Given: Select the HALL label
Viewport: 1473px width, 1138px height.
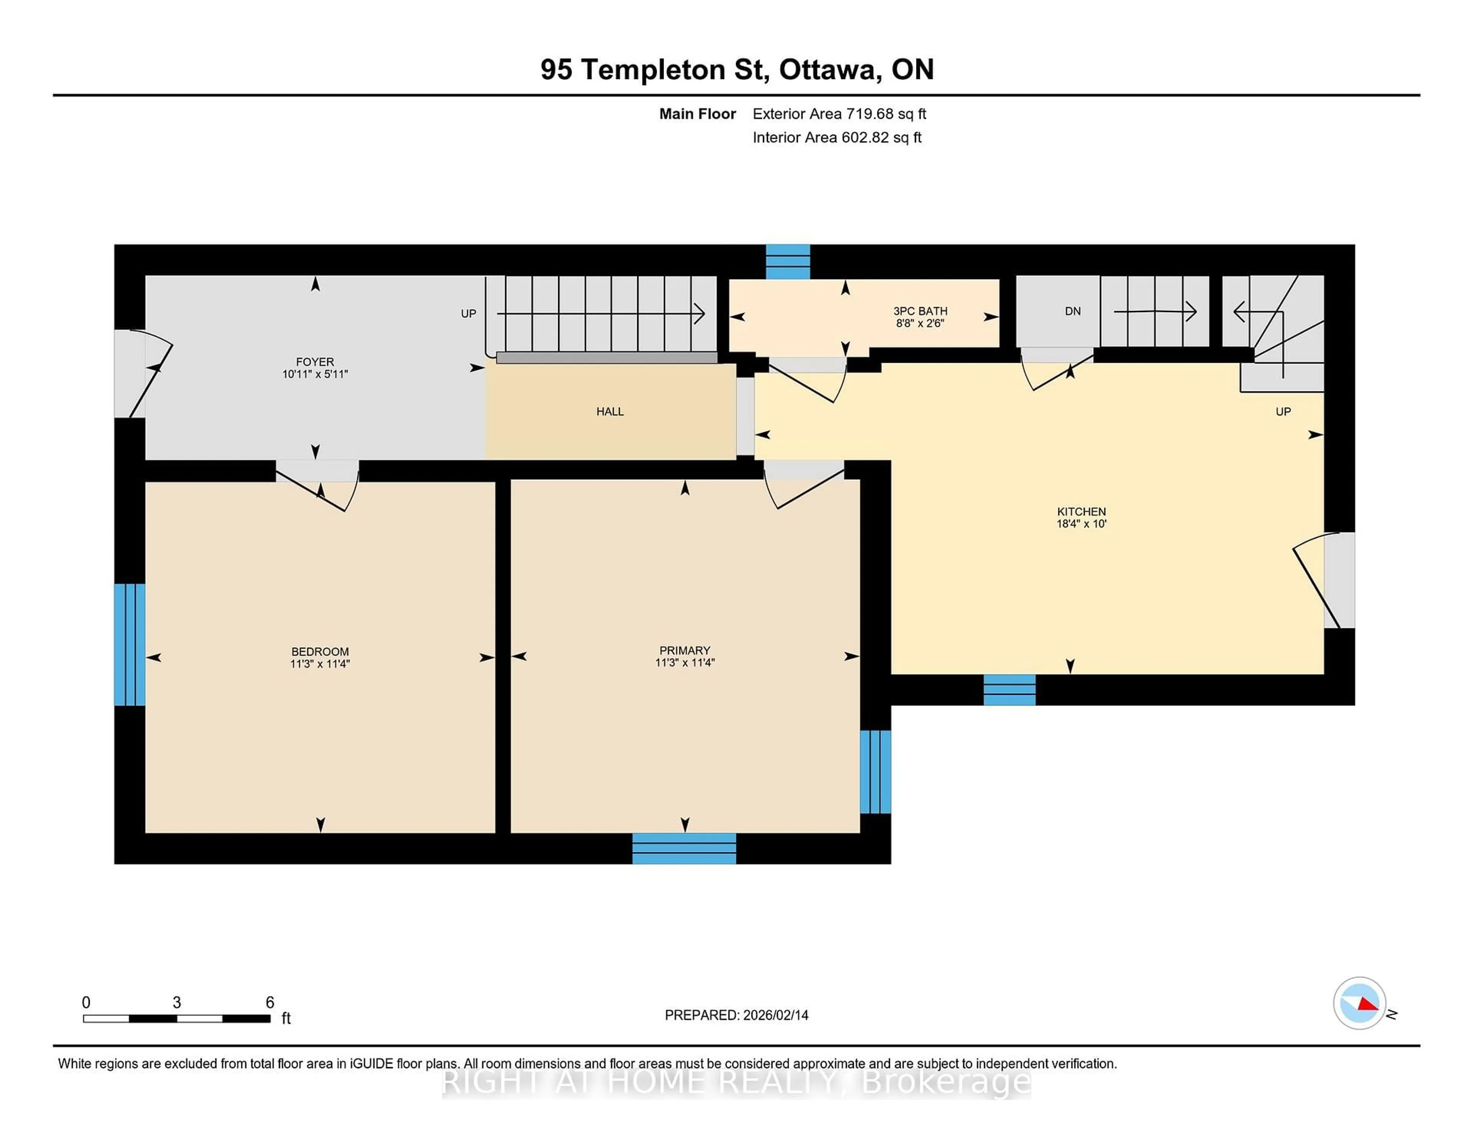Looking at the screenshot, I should click(609, 411).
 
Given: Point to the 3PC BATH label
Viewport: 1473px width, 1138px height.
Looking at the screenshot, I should click(920, 311).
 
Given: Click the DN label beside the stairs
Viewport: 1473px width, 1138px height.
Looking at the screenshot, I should click(1073, 311).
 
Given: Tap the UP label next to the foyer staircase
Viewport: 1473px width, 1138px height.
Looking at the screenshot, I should click(468, 314).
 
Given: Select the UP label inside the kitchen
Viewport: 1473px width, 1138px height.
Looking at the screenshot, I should click(1283, 411).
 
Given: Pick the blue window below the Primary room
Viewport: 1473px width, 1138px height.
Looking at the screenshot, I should click(684, 848).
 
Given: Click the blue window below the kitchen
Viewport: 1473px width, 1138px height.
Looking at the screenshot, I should click(1009, 690).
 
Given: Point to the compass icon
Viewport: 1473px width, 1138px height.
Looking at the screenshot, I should click(1359, 1003).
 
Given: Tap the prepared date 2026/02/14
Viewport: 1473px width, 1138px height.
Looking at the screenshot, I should click(775, 1015).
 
